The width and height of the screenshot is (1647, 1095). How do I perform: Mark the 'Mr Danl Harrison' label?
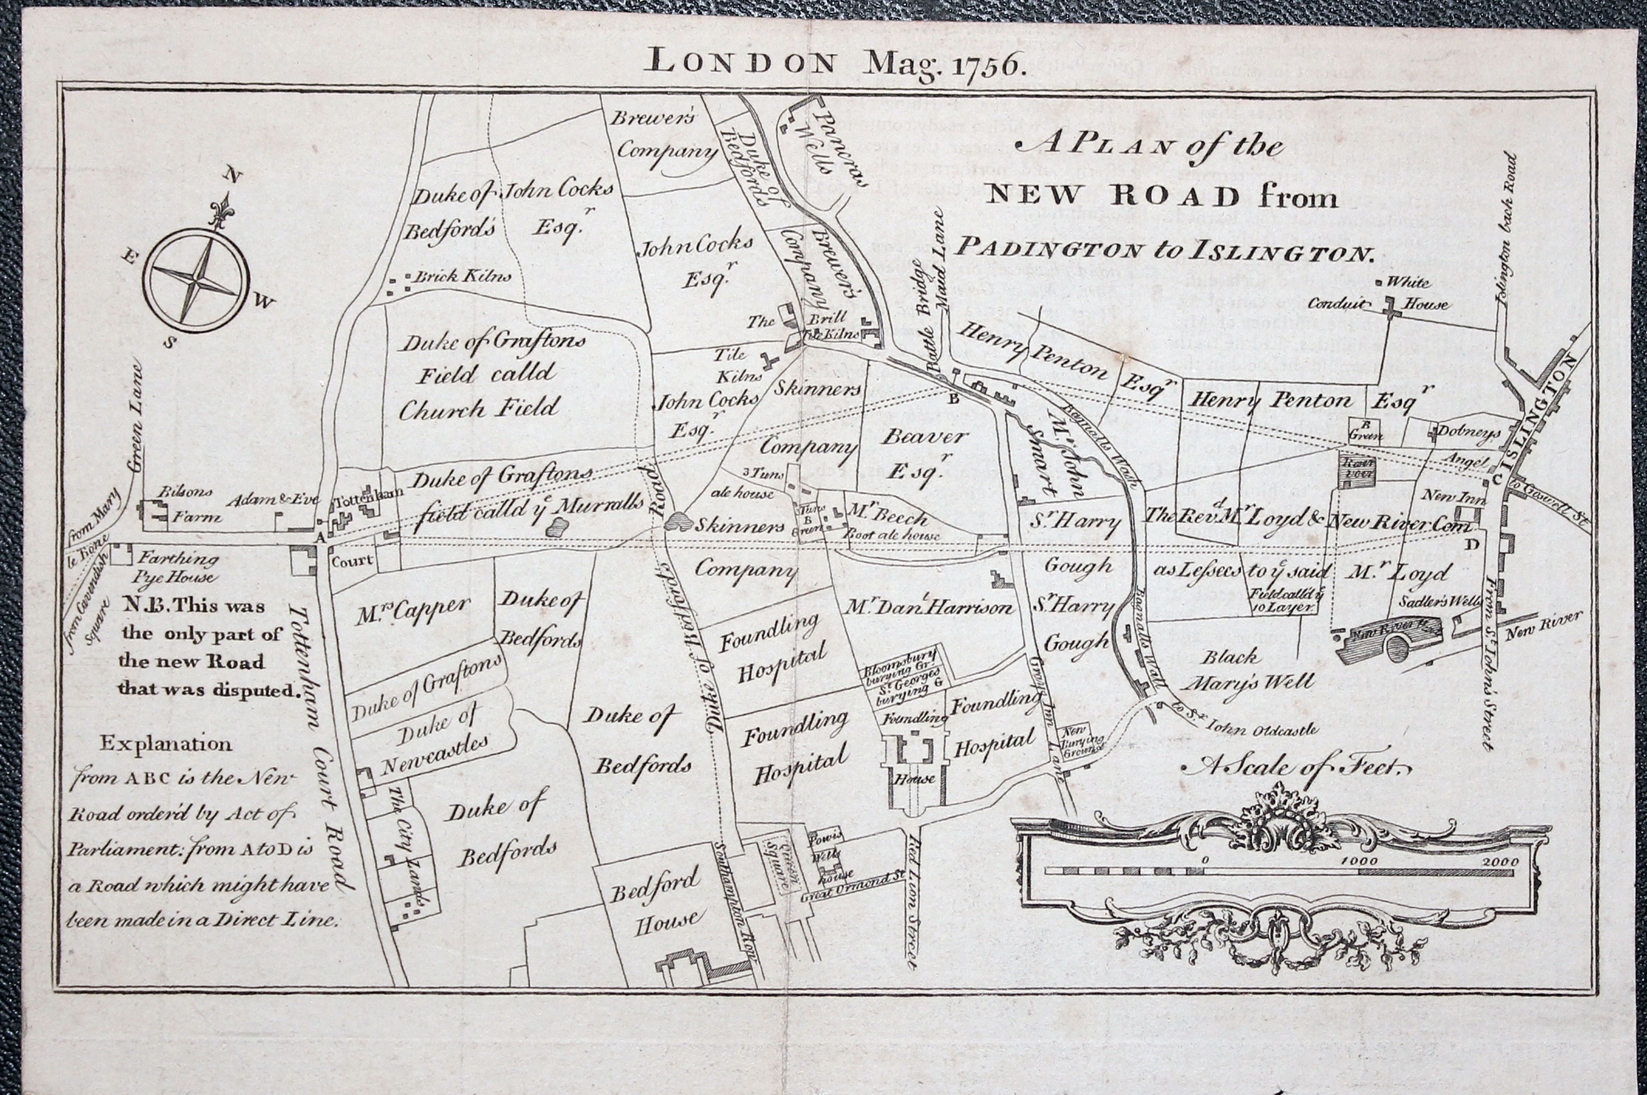(928, 607)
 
